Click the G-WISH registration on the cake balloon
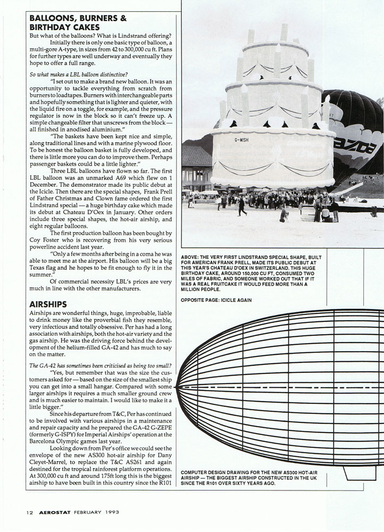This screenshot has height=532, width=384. coord(240,140)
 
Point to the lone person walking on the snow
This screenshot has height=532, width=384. coord(243,207)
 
